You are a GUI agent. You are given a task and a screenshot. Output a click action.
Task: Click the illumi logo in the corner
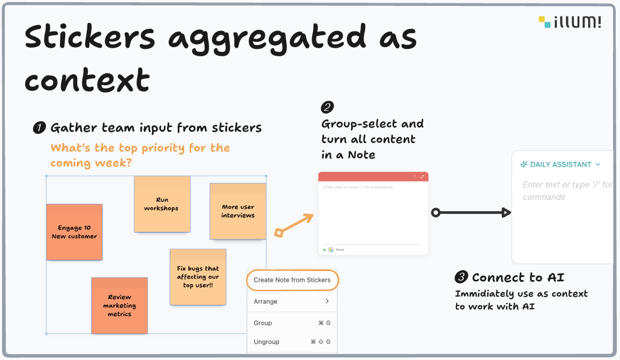coord(570,22)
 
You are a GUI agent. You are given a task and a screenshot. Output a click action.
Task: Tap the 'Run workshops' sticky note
coord(162,204)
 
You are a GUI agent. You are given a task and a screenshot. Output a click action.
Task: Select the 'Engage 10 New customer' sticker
coord(74,232)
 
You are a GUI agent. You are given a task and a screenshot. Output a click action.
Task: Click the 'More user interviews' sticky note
coord(238,211)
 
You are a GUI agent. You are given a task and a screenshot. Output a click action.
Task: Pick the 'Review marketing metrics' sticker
coord(119,305)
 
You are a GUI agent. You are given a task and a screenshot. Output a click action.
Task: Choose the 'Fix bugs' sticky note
coord(198,277)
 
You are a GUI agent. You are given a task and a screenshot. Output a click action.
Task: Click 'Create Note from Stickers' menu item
coord(292,280)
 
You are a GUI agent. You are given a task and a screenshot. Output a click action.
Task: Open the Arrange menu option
coord(291,302)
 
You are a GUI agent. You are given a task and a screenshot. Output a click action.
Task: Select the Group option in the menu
coord(291,323)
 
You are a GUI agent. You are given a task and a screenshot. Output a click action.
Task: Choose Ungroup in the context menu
coord(291,342)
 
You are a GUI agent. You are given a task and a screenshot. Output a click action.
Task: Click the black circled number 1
coord(39,128)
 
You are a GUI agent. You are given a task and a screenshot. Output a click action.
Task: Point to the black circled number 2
coord(327,108)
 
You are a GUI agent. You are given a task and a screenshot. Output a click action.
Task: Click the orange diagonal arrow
coord(294,225)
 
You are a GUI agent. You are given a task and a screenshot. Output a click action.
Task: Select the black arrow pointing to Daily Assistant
coord(471,213)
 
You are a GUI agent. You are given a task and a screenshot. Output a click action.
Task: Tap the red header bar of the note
coord(373,177)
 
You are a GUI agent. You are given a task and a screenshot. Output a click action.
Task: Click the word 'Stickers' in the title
coord(90,37)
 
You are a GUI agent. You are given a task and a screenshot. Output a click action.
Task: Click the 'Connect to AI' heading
coord(518,277)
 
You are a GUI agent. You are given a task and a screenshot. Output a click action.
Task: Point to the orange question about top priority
coord(140,155)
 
